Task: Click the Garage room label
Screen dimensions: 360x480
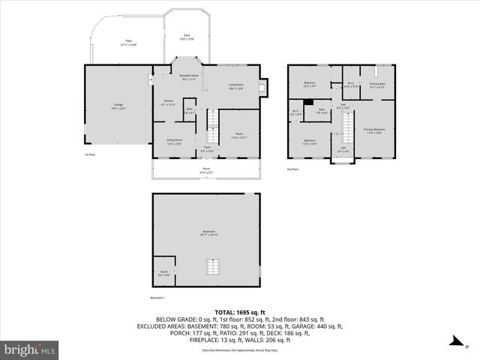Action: coord(118,106)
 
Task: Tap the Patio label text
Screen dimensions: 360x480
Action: coord(127,43)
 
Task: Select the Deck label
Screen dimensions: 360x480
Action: coord(187,37)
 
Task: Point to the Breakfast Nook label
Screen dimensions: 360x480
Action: coord(189,76)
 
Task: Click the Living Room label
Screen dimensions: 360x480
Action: coord(235,86)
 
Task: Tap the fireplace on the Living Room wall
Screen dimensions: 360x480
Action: coord(262,87)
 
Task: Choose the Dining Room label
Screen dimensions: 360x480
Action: coord(174,142)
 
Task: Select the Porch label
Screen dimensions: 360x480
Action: coord(206,170)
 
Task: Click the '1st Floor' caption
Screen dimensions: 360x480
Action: coord(90,154)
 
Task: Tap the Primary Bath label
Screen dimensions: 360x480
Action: coord(377,85)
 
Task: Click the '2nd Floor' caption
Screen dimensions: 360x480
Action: coord(293,169)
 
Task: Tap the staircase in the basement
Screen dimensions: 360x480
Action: coord(213,268)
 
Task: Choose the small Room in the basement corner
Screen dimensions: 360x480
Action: coord(163,273)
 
